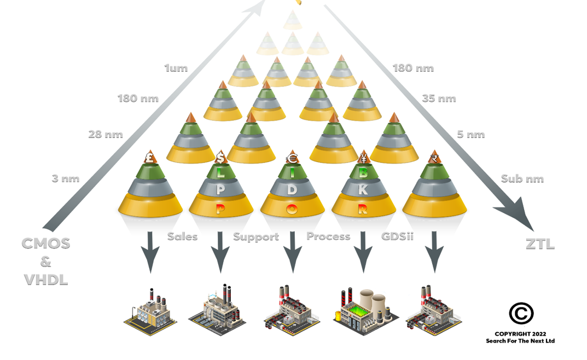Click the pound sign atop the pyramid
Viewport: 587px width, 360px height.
click(149, 159)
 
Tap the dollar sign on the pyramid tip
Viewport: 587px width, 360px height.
click(220, 158)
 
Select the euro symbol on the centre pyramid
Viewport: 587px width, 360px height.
click(292, 159)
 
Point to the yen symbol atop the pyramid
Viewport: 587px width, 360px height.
click(363, 159)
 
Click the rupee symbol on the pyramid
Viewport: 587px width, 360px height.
click(434, 159)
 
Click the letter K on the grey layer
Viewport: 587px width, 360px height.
click(363, 190)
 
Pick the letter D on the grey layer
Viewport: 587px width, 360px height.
click(292, 190)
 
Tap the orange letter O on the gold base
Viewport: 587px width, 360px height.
click(292, 208)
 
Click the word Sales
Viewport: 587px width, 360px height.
click(182, 237)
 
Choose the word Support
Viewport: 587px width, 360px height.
click(255, 237)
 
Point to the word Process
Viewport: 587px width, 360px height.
click(328, 236)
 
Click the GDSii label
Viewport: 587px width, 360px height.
click(398, 237)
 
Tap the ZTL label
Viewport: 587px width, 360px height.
click(540, 245)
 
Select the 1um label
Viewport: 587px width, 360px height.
click(176, 68)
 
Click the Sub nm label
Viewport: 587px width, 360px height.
click(522, 179)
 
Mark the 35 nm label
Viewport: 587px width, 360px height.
click(439, 99)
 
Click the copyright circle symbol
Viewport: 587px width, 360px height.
click(521, 313)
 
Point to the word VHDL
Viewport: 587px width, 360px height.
click(46, 280)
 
